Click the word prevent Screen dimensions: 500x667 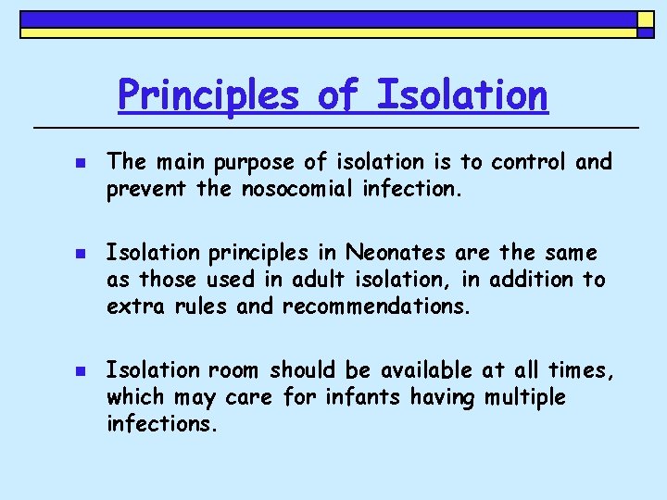pos(142,189)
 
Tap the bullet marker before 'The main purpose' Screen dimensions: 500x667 pos(79,163)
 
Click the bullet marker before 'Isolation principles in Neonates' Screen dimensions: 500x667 pos(79,253)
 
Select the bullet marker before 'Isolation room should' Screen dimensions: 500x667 pos(79,370)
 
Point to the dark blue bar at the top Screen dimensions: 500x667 pos(328,19)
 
